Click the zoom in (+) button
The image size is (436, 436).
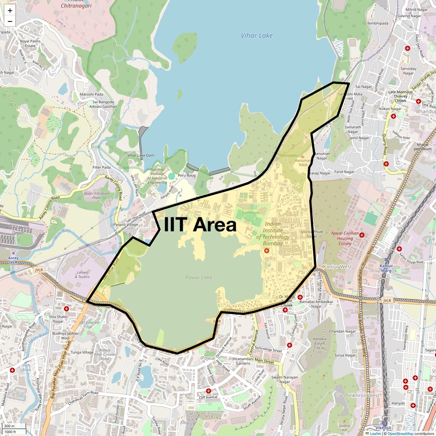point(10,11)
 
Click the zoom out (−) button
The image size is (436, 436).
point(10,21)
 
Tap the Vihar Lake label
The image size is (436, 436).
point(257,36)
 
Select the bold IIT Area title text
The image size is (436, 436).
point(200,225)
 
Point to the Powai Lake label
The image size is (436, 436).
point(198,277)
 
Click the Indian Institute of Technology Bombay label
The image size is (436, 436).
point(273,234)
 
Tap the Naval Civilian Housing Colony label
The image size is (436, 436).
point(345,238)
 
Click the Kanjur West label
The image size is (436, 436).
point(337,267)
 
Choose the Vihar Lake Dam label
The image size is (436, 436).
point(141,155)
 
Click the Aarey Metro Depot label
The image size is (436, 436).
point(18,230)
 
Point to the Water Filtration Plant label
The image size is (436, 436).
point(96,195)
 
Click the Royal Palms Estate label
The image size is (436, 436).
point(30,44)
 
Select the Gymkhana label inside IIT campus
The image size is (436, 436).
point(251,213)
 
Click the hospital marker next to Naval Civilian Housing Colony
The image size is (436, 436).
point(362,235)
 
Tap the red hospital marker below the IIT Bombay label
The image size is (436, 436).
point(267,251)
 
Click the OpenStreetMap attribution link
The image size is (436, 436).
point(400,433)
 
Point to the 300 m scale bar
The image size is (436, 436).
point(13,426)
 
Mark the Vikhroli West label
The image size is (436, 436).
point(364,395)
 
